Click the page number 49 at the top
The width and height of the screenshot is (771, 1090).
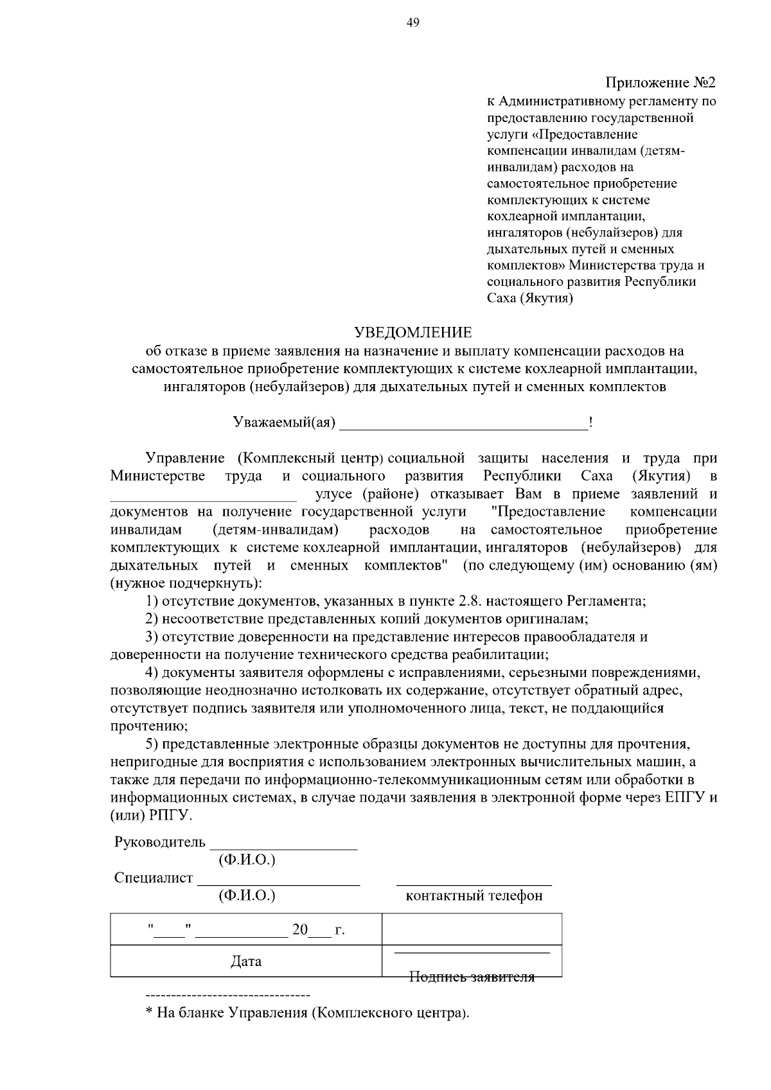point(413,23)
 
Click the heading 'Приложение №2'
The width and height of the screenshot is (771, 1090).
point(660,83)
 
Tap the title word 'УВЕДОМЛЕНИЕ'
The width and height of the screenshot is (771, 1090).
point(413,332)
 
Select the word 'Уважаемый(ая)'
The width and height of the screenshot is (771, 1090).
point(284,423)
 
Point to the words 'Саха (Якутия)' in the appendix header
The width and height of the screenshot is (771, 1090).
point(529,298)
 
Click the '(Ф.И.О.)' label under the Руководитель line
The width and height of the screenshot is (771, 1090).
point(247,859)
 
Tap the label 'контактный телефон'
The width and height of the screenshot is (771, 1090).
point(474,895)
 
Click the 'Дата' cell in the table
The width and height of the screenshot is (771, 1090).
point(246,962)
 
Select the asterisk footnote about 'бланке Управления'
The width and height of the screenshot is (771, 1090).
point(307,1013)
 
